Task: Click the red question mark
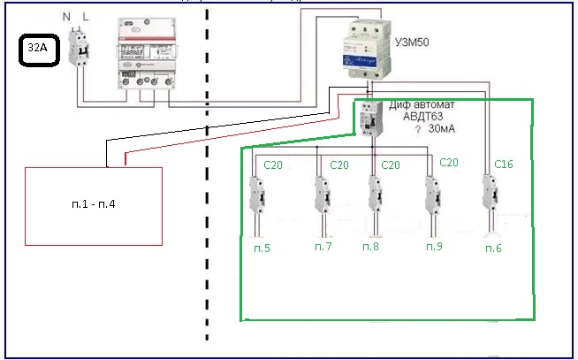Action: pyautogui.click(x=416, y=130)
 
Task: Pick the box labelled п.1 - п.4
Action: pyautogui.click(x=94, y=205)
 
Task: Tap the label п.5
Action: pyautogui.click(x=261, y=249)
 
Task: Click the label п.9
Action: pyautogui.click(x=433, y=245)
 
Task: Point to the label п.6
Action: pyautogui.click(x=492, y=249)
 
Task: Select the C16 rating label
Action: pyautogui.click(x=505, y=165)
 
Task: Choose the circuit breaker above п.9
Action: pyautogui.click(x=432, y=195)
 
